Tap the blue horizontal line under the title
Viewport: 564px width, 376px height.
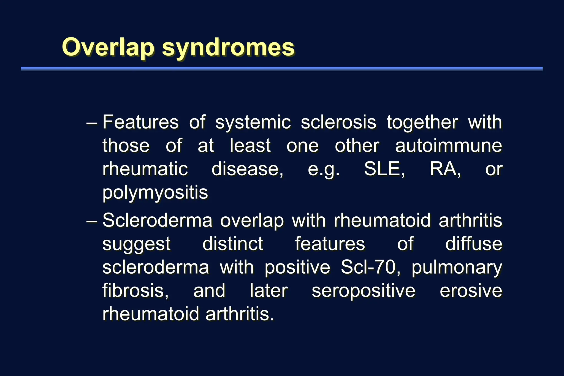281,69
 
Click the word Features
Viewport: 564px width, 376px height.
140,122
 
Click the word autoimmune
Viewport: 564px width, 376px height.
448,146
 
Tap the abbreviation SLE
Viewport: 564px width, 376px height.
384,169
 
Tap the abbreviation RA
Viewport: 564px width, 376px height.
445,169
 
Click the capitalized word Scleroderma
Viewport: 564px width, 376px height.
157,220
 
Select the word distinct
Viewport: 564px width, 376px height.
233,244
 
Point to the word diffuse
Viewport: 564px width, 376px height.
473,244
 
